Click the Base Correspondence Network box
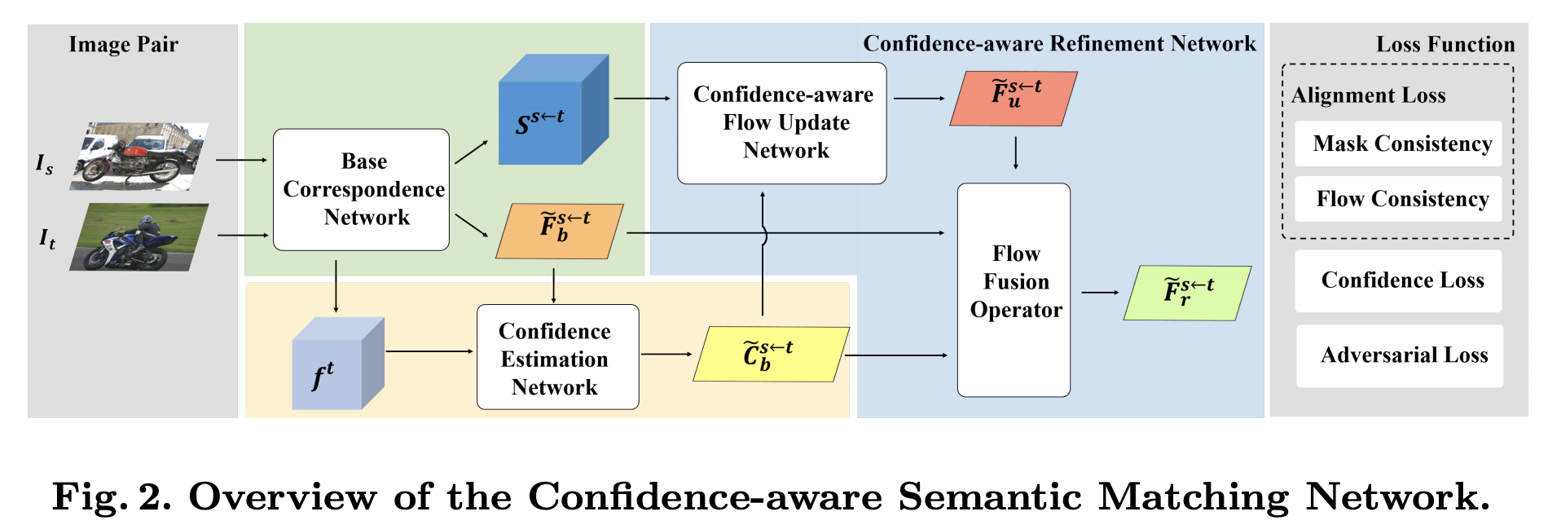[361, 189]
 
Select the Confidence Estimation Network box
[557, 357]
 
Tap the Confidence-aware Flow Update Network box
[781, 123]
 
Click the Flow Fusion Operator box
[1014, 289]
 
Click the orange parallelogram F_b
[560, 232]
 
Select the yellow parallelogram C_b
[770, 354]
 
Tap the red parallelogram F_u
[1014, 99]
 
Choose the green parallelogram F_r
[1187, 293]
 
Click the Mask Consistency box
[1398, 144]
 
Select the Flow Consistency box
[1398, 199]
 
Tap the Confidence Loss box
[1398, 280]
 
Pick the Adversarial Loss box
[1400, 355]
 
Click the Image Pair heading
[124, 44]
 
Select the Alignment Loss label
[1368, 95]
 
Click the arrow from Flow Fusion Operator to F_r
[1099, 293]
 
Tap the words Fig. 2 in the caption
[112, 496]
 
